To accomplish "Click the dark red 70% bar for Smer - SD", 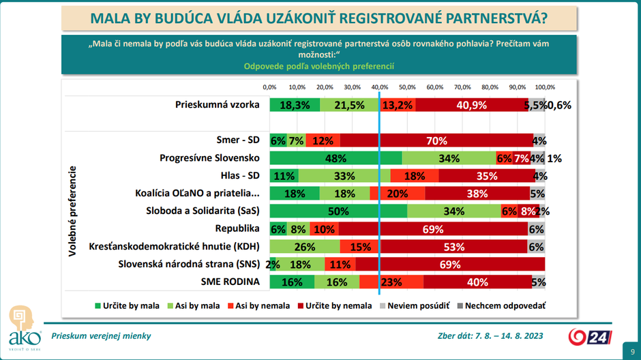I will click(436, 140).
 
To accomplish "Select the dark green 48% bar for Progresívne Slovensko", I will click(336, 158).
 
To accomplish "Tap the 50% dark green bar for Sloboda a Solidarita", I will click(338, 211).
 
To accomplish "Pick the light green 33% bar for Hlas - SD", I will click(345, 176).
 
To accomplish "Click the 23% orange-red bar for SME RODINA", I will click(391, 282).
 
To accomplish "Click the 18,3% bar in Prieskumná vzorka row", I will click(295, 105).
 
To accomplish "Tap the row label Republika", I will click(238, 228).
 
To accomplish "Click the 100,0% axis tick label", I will click(545, 87).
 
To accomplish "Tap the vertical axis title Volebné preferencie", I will click(72, 211).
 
